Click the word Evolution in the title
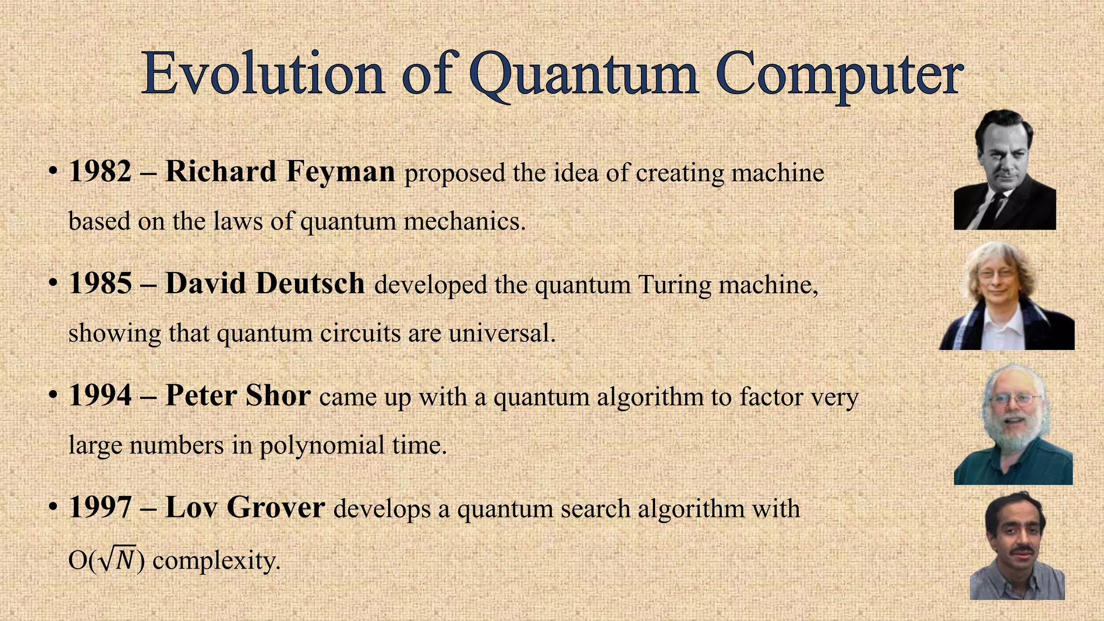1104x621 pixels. coord(263,74)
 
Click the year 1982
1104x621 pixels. coord(100,171)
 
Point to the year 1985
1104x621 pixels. coord(100,284)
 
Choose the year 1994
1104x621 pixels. coord(100,396)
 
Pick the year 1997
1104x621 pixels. coord(100,508)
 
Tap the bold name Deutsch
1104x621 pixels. coord(310,284)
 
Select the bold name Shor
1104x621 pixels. coord(278,396)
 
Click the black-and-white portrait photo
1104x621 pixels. coord(1004,170)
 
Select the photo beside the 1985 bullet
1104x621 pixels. coord(1006,296)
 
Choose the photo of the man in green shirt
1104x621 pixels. coord(1013,424)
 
